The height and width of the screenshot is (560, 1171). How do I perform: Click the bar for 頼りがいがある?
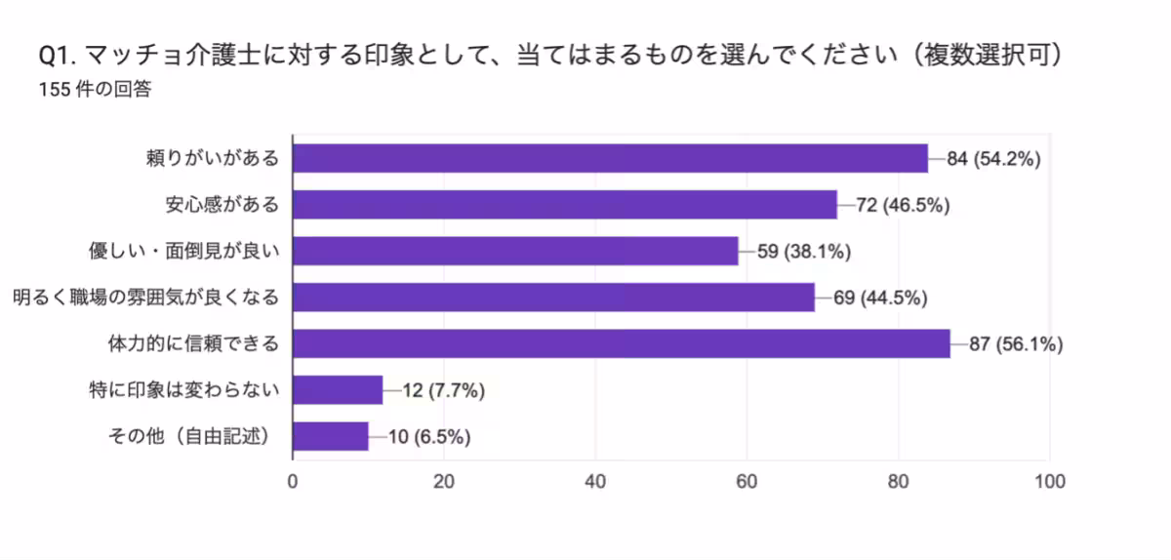[x=610, y=158]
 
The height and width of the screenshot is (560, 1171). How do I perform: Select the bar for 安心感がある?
[x=565, y=205]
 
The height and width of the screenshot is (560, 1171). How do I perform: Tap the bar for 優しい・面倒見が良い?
[x=515, y=251]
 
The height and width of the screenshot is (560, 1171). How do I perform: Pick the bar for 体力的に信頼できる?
[x=622, y=343]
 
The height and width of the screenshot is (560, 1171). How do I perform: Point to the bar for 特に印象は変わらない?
[x=338, y=390]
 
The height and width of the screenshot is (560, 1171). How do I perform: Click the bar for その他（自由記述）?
[x=331, y=436]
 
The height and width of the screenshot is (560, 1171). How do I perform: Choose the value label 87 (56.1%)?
[x=1016, y=343]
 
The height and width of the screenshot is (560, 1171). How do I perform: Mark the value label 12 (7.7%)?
[x=444, y=390]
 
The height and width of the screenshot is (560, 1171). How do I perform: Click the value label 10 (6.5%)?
[x=429, y=436]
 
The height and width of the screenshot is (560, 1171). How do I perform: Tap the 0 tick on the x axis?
[x=293, y=480]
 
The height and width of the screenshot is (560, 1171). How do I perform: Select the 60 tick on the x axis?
[x=747, y=480]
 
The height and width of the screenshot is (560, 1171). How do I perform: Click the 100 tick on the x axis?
[x=1049, y=480]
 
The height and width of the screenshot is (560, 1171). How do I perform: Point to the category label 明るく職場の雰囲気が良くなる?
[x=146, y=298]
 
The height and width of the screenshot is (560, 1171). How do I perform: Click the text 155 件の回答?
[x=95, y=90]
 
